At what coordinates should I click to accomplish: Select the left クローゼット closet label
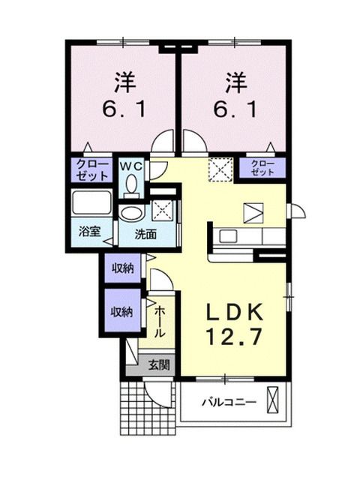(x=91, y=168)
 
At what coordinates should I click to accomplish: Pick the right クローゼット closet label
(x=262, y=167)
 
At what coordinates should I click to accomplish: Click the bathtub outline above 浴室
(x=91, y=203)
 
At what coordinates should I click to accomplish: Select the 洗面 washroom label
(x=145, y=233)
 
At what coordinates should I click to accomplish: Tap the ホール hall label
(x=160, y=321)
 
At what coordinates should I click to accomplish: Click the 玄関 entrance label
(x=158, y=365)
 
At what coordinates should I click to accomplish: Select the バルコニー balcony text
(x=229, y=403)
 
